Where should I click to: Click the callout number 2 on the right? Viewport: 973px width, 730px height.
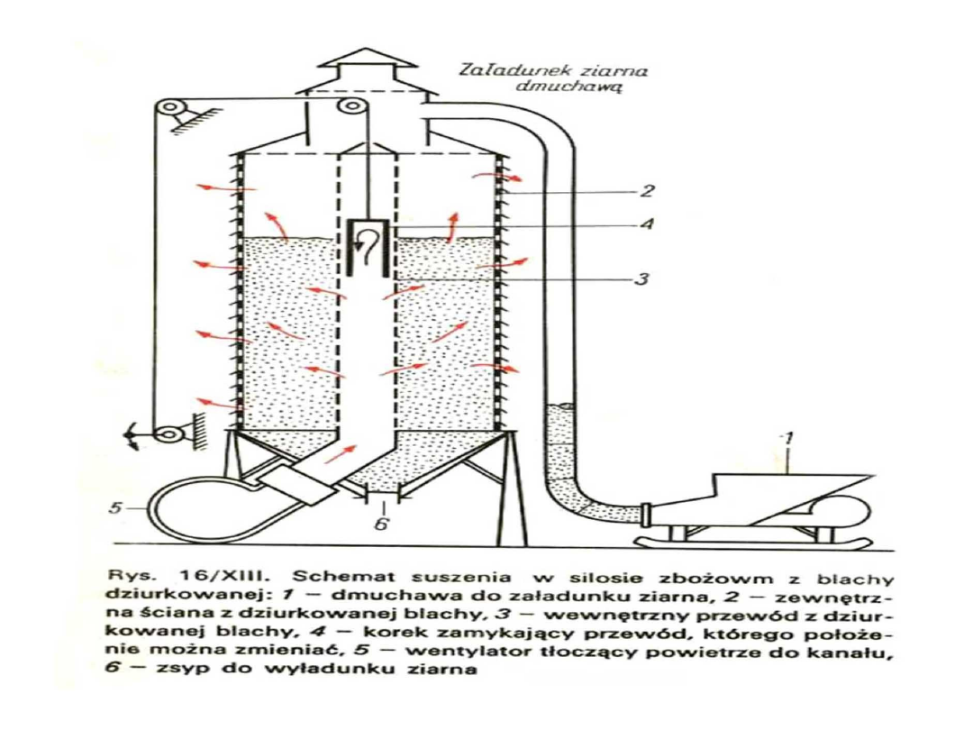point(648,192)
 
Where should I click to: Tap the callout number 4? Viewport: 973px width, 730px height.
point(646,224)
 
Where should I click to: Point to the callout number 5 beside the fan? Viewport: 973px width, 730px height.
point(115,508)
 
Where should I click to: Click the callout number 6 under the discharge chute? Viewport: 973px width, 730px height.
point(381,525)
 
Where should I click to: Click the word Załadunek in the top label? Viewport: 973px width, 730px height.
point(498,69)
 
